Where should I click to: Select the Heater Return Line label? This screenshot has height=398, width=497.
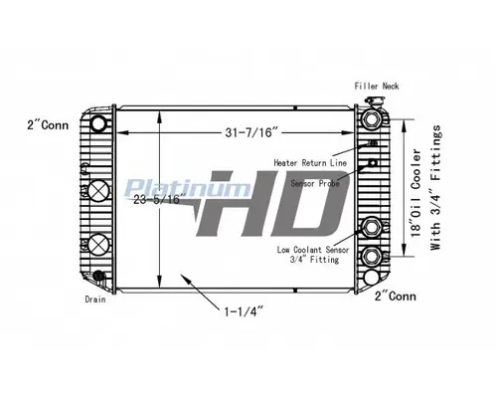click(x=312, y=160)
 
